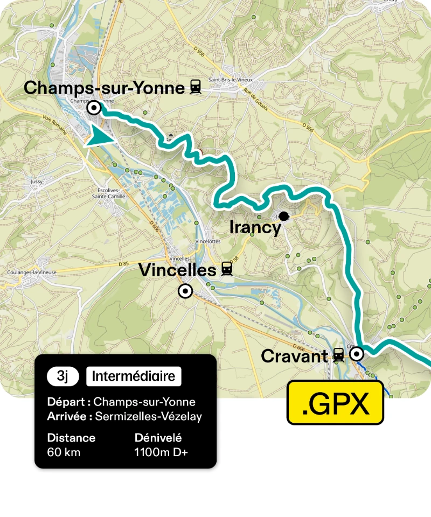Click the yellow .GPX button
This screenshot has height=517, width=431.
pos(335,402)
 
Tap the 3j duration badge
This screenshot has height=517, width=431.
pos(63,376)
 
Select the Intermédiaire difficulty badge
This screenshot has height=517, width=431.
pos(134,376)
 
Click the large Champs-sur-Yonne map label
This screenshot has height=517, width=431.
pos(104,87)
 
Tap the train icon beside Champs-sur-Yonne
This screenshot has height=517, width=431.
pos(195,87)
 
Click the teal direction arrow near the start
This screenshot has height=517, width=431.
pos(101,136)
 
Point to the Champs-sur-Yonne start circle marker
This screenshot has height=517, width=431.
pos(94,108)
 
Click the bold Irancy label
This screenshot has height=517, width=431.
pos(255,228)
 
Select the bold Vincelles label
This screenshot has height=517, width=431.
pos(177,270)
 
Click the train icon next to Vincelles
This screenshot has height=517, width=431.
pos(227,270)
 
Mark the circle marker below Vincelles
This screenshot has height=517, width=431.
pos(185,291)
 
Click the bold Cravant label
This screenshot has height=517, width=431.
pos(294,356)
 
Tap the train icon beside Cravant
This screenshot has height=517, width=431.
pos(338,355)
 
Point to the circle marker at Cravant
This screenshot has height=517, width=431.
pos(357,354)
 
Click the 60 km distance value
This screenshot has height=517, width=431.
pos(64,452)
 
